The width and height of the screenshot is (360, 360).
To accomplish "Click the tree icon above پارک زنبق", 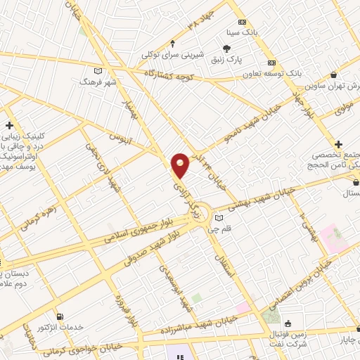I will point(226,48).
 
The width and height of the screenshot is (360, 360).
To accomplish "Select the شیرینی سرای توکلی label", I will point(172,54).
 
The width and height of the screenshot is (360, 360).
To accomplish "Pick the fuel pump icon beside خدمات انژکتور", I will point(58,316).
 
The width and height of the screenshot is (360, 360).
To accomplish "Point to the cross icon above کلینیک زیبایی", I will point(9,125).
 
